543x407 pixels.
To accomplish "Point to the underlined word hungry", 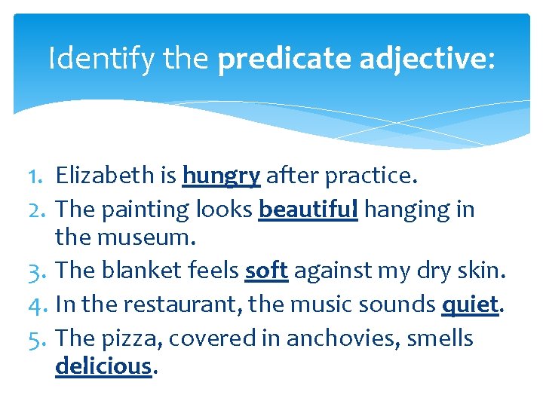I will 221,177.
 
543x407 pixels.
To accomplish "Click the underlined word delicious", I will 103,366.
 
